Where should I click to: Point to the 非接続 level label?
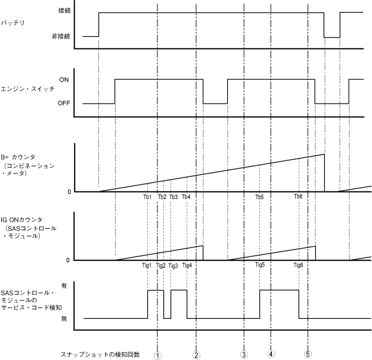coord(63,36)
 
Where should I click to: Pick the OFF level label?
coord(64,103)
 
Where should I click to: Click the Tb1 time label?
coord(147,197)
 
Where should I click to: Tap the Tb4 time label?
coord(186,197)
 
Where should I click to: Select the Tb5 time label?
coord(259,197)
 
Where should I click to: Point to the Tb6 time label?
coord(298,197)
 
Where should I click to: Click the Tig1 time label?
coord(147,265)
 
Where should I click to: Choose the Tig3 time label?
coord(173,265)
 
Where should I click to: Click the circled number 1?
coord(157,354)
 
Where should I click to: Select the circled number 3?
coord(244,354)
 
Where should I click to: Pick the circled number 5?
coord(308,354)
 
